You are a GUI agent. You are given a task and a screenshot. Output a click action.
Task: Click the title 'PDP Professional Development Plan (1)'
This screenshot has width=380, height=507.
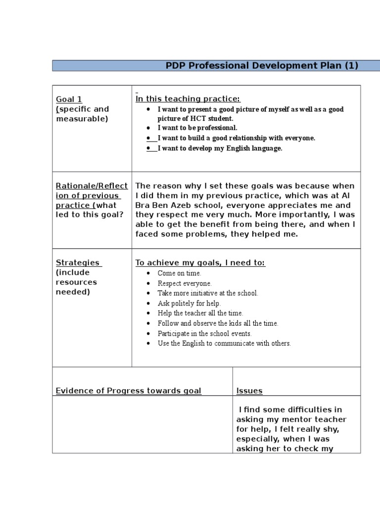point(262,65)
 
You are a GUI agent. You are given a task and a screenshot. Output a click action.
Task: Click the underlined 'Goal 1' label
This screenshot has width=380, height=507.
point(69,99)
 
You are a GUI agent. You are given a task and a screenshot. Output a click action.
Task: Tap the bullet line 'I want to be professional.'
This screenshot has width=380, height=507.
point(197,128)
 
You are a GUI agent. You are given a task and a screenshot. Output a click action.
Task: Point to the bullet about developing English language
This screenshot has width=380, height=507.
point(220,149)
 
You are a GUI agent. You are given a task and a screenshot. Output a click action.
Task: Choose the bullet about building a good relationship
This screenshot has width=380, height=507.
point(236,138)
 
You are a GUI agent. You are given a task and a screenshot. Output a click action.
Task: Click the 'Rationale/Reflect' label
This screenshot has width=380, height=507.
point(92,186)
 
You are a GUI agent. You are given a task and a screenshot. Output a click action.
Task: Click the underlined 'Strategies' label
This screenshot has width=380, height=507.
point(78,262)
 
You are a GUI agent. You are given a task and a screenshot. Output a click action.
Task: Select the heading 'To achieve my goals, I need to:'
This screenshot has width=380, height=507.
point(200,263)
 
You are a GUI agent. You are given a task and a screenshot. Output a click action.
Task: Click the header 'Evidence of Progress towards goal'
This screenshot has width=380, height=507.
point(128,391)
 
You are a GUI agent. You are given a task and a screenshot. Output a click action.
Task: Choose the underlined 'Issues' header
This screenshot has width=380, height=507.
point(249,391)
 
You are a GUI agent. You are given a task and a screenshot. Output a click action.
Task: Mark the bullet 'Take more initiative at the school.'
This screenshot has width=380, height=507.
point(208,293)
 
